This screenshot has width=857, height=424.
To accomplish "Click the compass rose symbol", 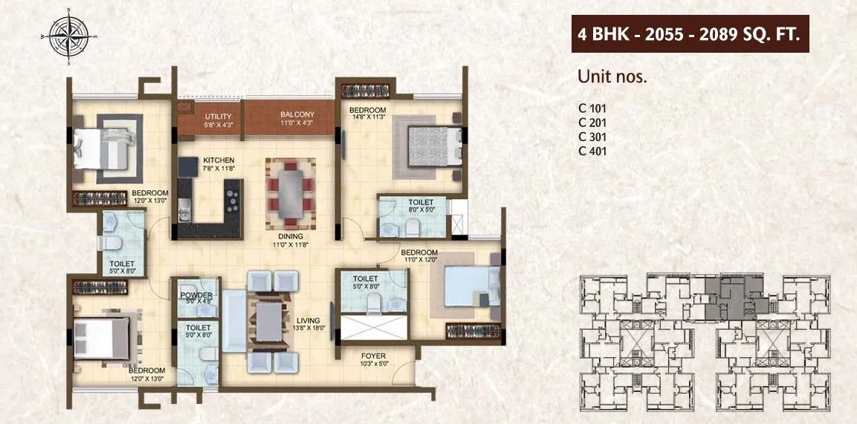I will [68, 35].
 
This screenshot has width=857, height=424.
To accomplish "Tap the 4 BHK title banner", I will [690, 35].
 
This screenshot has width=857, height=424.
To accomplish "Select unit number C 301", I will [592, 137].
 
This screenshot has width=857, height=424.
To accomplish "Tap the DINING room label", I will [291, 238].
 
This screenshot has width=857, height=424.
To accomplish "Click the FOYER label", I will [374, 355].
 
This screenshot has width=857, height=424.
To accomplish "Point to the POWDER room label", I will [195, 296].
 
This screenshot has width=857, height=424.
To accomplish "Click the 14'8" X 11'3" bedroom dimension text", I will [368, 117].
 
